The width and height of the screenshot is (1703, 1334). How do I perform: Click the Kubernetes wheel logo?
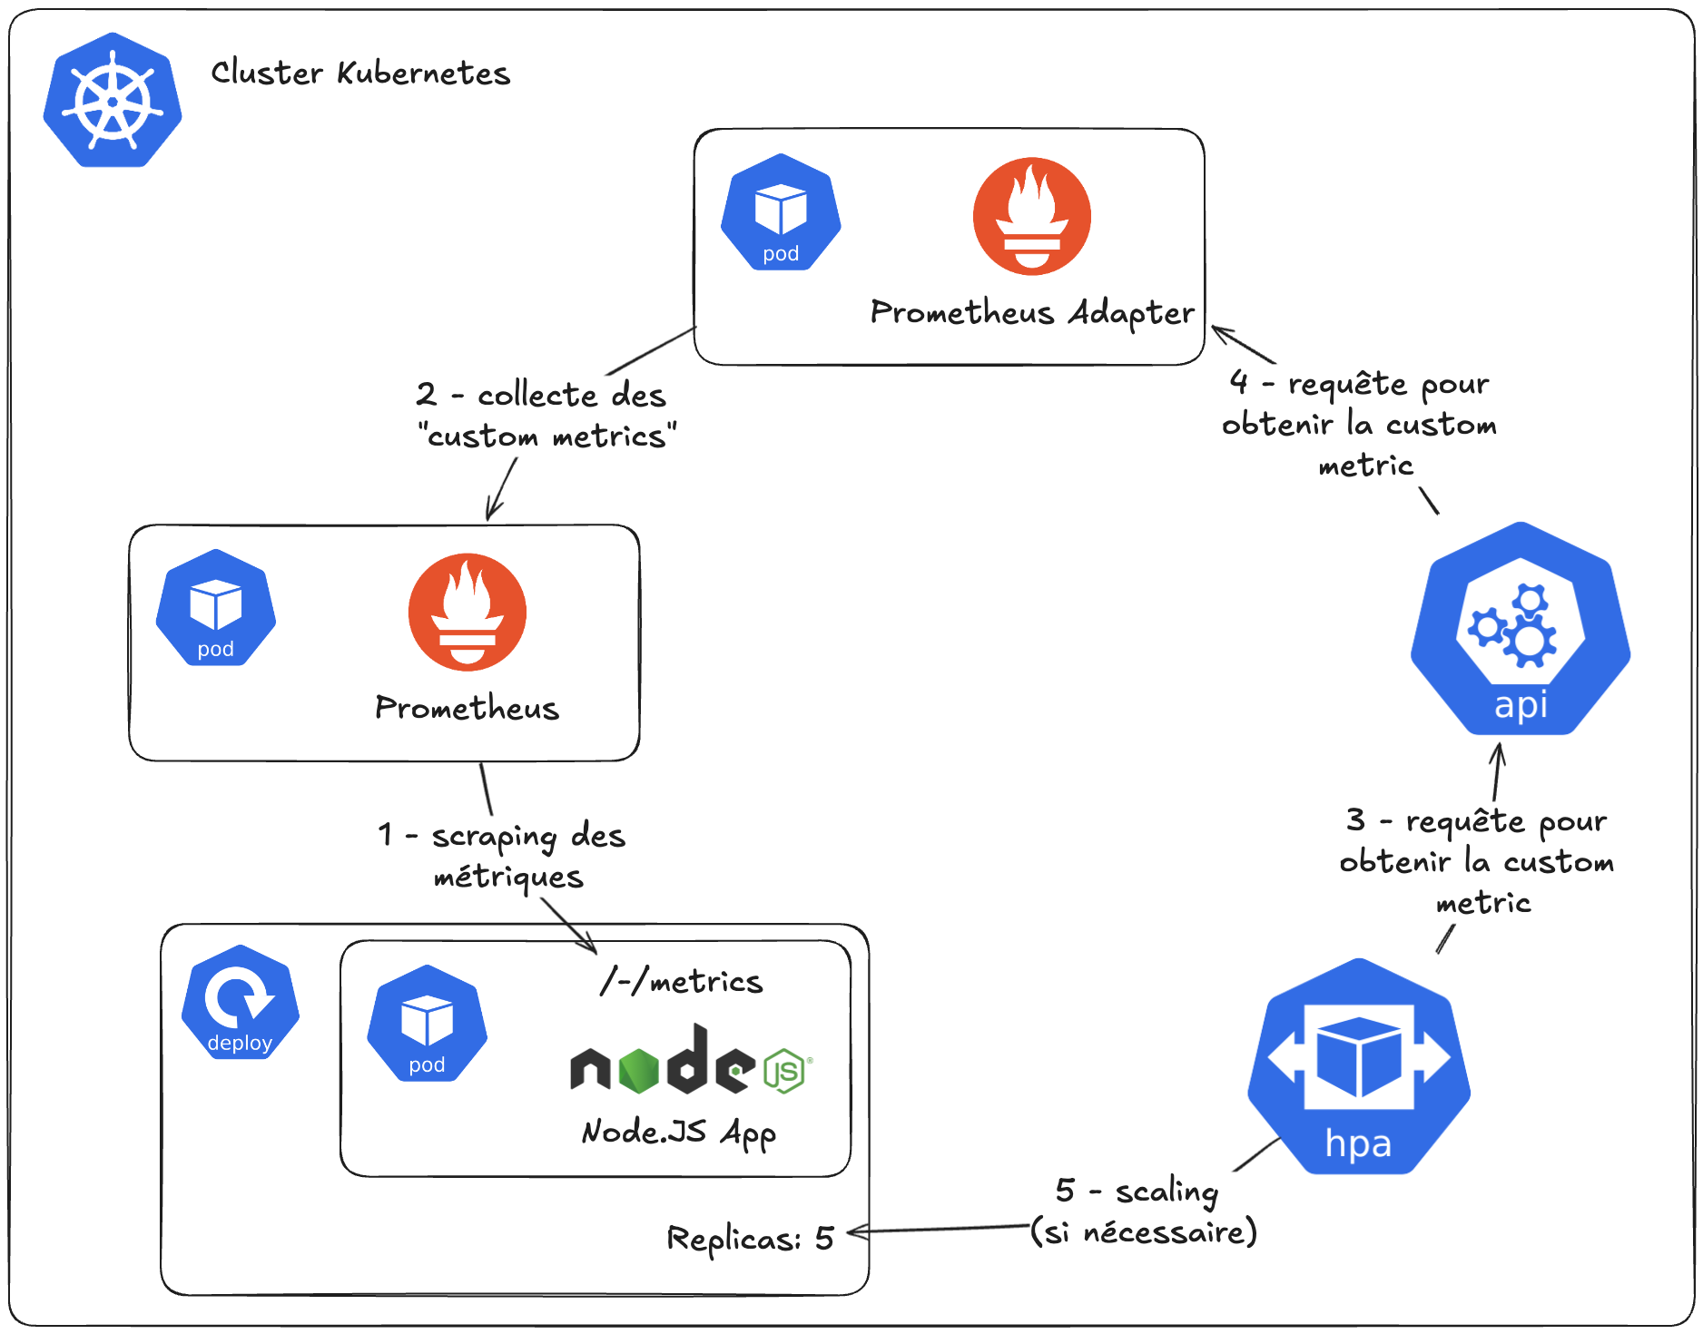point(113,101)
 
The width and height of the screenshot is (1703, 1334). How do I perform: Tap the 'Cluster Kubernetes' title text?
point(360,73)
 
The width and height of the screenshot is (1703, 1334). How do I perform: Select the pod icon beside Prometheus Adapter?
point(781,212)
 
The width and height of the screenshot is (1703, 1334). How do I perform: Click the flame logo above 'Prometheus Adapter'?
point(1032,216)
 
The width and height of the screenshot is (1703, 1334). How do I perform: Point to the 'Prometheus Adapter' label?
point(1032,313)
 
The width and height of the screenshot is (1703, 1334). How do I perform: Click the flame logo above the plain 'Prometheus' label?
point(468,612)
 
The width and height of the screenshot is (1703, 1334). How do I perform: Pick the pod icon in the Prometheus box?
point(216,608)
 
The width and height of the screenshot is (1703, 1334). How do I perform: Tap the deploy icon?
point(240,1002)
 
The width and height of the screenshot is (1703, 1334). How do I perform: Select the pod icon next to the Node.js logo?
point(427,1024)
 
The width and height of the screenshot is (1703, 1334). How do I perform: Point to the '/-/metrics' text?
point(681,981)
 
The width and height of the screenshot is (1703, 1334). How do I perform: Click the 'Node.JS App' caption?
point(679,1133)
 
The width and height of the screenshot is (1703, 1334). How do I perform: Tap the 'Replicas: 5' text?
point(750,1238)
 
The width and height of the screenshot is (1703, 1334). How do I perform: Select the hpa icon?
point(1359,1066)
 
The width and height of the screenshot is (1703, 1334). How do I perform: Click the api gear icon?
point(1521,628)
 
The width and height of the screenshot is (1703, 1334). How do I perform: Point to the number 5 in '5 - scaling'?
point(1065,1189)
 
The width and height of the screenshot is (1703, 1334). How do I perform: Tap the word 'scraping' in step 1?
point(495,837)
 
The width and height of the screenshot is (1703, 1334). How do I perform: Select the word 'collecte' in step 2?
point(537,395)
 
